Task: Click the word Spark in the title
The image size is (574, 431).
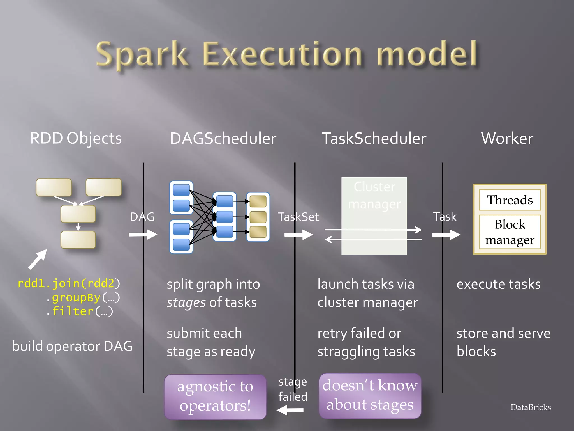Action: point(142,54)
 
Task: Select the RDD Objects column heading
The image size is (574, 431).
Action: point(76,138)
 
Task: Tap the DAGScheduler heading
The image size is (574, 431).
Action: point(223,138)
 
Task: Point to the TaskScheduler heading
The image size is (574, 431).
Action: point(374,138)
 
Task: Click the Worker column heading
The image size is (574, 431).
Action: point(507,138)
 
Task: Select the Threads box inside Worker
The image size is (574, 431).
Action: point(510,200)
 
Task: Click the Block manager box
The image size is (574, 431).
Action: point(510,232)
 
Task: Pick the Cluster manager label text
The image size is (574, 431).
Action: point(374,195)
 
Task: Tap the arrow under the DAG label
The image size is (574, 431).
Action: point(143,234)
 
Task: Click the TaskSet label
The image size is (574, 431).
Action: point(298,217)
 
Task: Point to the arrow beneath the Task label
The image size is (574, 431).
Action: point(446,235)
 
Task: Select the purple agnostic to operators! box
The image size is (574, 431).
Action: point(215,396)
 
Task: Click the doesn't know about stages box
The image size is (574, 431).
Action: point(370,395)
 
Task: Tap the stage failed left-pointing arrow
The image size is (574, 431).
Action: point(290,410)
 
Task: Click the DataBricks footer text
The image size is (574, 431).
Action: point(531,407)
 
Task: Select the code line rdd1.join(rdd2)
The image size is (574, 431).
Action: point(69,283)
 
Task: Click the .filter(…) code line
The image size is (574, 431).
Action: point(80,311)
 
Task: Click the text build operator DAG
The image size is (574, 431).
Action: point(72,346)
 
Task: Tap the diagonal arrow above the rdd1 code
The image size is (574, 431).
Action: point(38,259)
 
